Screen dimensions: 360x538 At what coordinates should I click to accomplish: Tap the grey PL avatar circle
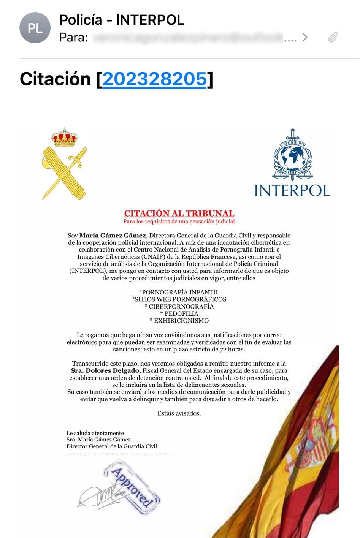pyautogui.click(x=35, y=28)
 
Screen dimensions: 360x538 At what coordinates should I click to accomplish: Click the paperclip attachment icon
pyautogui.click(x=333, y=37)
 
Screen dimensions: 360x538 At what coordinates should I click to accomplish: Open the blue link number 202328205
pyautogui.click(x=154, y=79)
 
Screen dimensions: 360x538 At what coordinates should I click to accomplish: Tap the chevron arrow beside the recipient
pyautogui.click(x=304, y=37)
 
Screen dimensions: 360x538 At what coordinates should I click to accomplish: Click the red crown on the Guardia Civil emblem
pyautogui.click(x=64, y=138)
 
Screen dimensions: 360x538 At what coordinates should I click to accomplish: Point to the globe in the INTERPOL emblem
pyautogui.click(x=292, y=156)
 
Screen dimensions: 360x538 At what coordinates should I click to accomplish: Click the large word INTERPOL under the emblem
pyautogui.click(x=292, y=191)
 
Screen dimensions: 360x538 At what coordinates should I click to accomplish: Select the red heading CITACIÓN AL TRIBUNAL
pyautogui.click(x=179, y=214)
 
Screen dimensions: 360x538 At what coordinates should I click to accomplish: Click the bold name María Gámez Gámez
pyautogui.click(x=113, y=236)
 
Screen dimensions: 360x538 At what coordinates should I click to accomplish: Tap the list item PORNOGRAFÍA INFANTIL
pyautogui.click(x=179, y=292)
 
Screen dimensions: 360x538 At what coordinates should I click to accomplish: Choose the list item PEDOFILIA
pyautogui.click(x=179, y=313)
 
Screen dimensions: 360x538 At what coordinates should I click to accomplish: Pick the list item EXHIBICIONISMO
pyautogui.click(x=179, y=321)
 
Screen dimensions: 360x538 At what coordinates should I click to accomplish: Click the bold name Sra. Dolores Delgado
pyautogui.click(x=105, y=370)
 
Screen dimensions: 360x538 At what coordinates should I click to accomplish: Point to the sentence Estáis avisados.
pyautogui.click(x=179, y=413)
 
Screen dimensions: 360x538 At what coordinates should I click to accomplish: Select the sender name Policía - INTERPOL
pyautogui.click(x=122, y=20)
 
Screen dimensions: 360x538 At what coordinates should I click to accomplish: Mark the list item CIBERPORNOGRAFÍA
pyautogui.click(x=179, y=307)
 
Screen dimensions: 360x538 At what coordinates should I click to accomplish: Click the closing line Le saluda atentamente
pyautogui.click(x=95, y=433)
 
